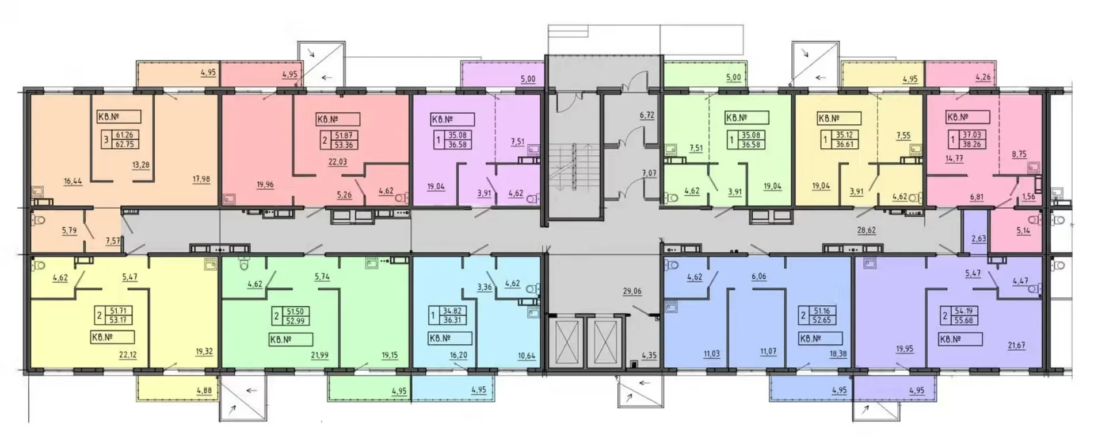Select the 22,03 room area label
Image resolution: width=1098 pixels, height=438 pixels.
click(x=337, y=162)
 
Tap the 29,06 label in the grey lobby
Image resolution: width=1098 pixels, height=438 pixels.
click(x=632, y=291)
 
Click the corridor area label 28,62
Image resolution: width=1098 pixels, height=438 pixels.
click(x=866, y=230)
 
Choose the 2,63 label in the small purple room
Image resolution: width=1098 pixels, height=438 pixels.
click(x=978, y=239)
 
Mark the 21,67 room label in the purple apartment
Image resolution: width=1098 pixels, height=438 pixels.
click(x=1016, y=345)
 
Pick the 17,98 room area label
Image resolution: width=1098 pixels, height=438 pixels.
click(x=201, y=179)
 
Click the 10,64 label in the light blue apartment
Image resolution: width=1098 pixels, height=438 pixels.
click(x=527, y=356)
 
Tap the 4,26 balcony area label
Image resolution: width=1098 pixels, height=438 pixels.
click(x=983, y=77)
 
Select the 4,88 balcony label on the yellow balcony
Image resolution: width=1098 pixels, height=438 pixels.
click(x=204, y=391)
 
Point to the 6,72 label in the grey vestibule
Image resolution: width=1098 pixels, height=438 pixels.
click(x=647, y=115)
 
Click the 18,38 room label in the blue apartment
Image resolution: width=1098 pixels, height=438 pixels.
click(x=837, y=354)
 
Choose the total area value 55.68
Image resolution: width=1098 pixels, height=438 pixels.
click(x=963, y=320)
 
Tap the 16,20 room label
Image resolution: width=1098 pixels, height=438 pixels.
click(x=458, y=355)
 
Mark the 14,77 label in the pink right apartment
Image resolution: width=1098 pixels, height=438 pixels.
click(x=954, y=159)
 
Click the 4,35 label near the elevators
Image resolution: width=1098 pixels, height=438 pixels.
click(x=649, y=356)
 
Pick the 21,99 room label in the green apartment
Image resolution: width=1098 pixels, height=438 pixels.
click(x=319, y=355)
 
